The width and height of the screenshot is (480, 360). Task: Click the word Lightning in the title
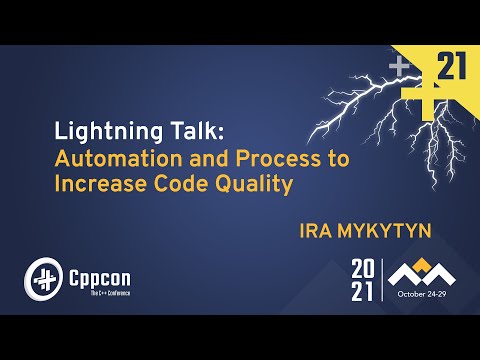click(x=98, y=133)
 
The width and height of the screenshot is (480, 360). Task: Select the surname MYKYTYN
click(x=384, y=230)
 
